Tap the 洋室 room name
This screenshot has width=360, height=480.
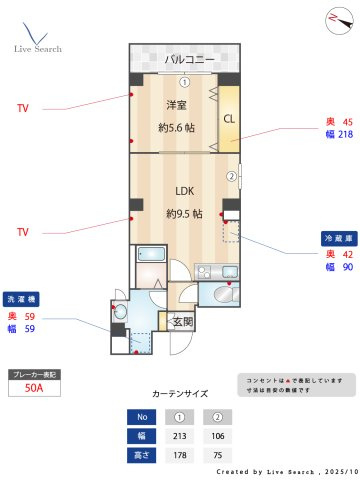coord(177,107)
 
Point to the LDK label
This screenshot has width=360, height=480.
coord(184,192)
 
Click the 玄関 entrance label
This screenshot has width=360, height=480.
coord(183,321)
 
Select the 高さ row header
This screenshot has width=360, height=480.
coord(141,455)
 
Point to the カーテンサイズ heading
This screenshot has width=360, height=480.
coord(180,395)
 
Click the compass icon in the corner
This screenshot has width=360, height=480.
coord(334,20)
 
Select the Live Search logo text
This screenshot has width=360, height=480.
coord(38,48)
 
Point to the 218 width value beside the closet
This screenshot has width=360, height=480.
coord(346,134)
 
